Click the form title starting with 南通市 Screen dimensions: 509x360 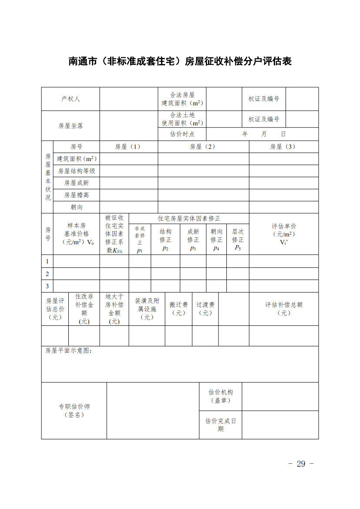180,61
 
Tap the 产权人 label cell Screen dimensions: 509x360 71,99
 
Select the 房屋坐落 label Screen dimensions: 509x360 71,125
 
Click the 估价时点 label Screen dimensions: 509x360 182,134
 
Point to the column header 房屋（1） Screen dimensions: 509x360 128,147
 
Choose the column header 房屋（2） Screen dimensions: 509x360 203,147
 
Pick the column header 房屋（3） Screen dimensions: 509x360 283,147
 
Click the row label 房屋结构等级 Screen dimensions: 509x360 77,171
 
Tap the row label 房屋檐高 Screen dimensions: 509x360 77,195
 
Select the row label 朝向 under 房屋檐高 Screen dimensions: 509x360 77,207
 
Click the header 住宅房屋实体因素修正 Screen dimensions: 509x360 189,218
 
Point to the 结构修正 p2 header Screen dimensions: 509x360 165,239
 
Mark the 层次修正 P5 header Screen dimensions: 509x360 238,239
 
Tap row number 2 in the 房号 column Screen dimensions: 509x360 47,274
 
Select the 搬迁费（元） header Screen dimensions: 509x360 178,309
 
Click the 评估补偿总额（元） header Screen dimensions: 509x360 284,309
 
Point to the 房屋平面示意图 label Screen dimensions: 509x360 69,351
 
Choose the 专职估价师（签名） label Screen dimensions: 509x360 74,411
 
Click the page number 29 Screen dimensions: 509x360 301,464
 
